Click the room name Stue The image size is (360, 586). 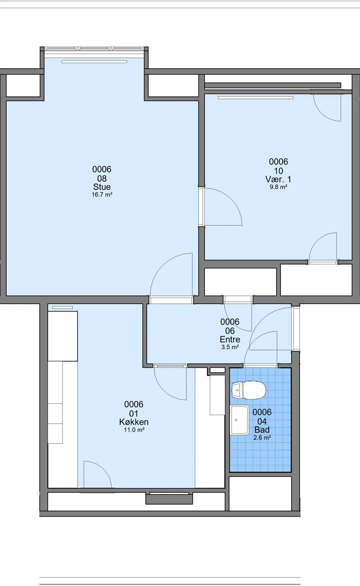click(102, 187)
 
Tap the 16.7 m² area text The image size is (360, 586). click(102, 195)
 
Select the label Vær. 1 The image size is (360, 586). click(278, 179)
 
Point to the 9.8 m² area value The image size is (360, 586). click(279, 187)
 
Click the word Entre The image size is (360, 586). click(230, 339)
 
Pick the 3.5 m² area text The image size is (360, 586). click(230, 347)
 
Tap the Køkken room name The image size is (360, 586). click(134, 422)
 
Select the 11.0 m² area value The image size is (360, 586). click(134, 429)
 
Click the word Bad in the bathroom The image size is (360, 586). click(262, 429)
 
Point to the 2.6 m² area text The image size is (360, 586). click(262, 438)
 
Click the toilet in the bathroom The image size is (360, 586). click(248, 390)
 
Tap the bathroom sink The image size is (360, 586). click(239, 420)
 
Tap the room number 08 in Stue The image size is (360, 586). click(102, 179)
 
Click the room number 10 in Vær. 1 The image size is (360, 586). click(278, 171)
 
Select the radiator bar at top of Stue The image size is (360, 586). click(94, 62)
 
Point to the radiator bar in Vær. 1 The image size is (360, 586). click(256, 98)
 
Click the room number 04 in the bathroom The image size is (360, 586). click(262, 421)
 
